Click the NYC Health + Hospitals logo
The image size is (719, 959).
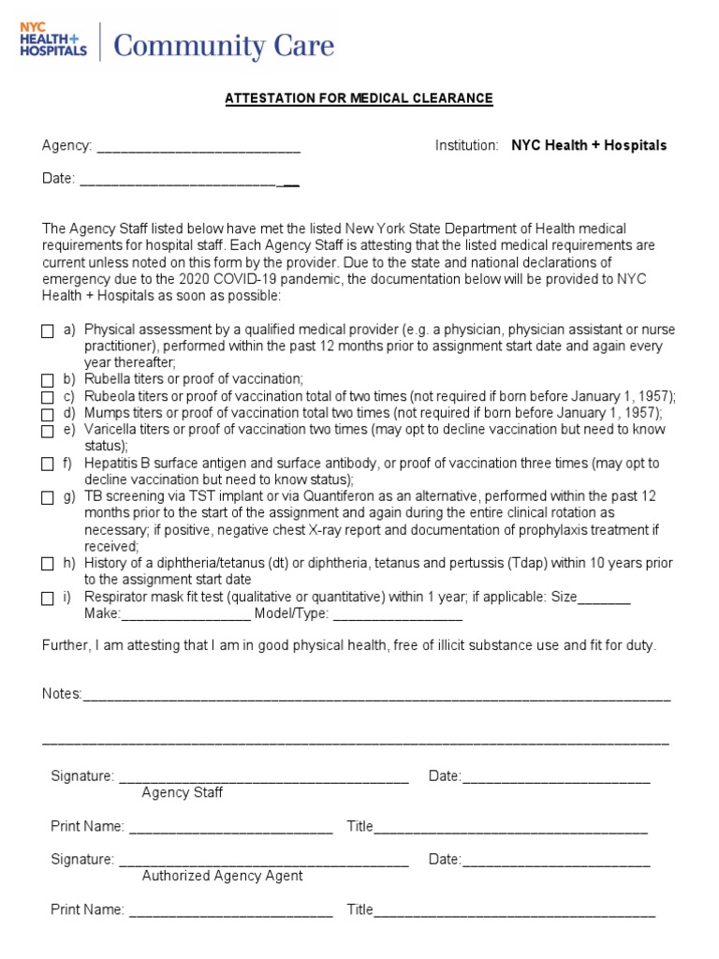coord(53,40)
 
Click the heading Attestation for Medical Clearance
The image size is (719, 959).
coord(359,98)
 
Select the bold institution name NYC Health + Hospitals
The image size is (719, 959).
coord(589,145)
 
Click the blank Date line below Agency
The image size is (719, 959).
coord(187,180)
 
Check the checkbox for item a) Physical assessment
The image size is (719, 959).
coord(48,332)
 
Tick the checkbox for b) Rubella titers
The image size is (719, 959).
coord(48,380)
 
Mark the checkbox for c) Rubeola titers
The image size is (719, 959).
coord(48,397)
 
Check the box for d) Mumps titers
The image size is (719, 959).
coord(48,414)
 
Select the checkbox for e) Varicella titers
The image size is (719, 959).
coord(48,431)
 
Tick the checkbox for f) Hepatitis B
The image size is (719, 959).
coord(48,465)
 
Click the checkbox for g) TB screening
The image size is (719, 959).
coord(48,498)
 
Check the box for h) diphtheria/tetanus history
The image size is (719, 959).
coord(48,565)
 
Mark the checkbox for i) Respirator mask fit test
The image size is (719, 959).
coord(48,598)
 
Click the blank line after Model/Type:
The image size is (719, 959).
coord(397,616)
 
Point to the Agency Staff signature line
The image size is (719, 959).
coord(263,777)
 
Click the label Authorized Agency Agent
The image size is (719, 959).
coord(222,876)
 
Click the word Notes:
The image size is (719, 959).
coord(62,694)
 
